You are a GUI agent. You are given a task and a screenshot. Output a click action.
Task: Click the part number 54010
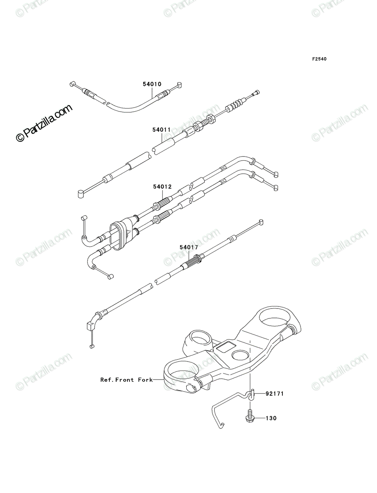point(152,84)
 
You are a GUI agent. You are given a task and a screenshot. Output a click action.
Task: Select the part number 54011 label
point(162,130)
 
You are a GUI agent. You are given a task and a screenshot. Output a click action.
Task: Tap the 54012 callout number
point(162,187)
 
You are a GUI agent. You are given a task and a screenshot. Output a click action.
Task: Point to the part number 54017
point(189,247)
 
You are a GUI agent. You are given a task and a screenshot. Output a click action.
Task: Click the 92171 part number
point(275,394)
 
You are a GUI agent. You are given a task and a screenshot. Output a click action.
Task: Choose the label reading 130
point(271,418)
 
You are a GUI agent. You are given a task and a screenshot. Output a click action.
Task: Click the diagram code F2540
point(319,59)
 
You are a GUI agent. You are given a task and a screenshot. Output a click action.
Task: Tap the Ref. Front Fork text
point(127,380)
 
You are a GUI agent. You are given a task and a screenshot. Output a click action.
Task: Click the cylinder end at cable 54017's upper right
point(261,222)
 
